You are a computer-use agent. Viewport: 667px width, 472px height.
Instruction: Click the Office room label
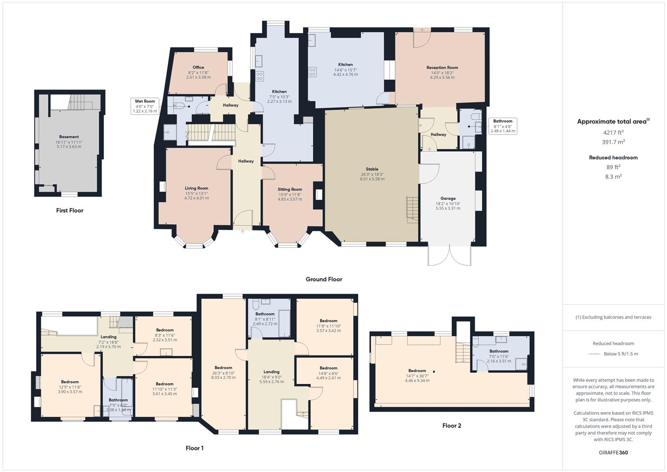point(198,67)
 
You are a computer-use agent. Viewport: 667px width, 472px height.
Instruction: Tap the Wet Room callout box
point(145,106)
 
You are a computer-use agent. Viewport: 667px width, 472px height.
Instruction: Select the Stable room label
point(372,169)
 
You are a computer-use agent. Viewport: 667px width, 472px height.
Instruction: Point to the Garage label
point(448,198)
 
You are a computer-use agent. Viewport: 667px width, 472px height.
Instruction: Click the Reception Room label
point(442,68)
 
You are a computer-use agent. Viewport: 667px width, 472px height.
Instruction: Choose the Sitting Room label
point(290,190)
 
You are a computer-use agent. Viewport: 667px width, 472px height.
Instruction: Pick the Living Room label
point(197,188)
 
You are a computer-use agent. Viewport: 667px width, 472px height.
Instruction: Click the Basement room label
point(69,137)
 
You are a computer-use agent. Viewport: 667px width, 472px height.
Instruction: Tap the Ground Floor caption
point(324,279)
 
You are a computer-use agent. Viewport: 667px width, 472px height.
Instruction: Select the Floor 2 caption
point(452,426)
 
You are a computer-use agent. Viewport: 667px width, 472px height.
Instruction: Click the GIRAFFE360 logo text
point(613,452)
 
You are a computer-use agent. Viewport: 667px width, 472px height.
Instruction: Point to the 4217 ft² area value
point(613,132)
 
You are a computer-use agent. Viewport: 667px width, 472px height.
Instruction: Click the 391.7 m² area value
point(613,142)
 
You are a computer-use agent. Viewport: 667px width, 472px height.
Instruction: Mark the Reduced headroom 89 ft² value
point(613,167)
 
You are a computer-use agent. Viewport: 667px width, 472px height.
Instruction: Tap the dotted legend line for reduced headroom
point(594,354)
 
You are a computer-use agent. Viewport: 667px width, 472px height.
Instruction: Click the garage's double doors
point(449,256)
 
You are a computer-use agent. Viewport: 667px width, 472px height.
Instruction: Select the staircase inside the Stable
point(412,210)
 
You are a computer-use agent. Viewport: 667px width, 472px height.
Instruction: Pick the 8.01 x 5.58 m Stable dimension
point(372,179)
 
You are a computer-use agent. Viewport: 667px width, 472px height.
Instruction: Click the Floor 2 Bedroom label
point(417,371)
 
